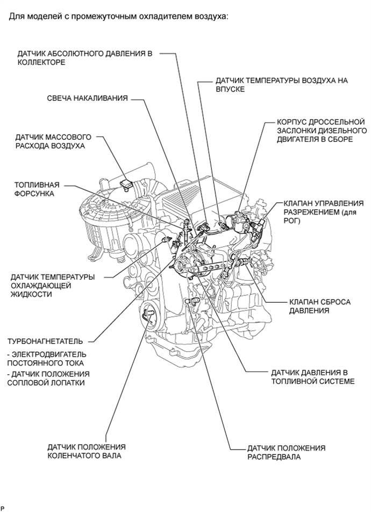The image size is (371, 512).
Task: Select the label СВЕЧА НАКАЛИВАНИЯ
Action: click(x=87, y=98)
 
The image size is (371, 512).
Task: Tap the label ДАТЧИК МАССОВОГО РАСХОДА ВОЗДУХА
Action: click(x=53, y=141)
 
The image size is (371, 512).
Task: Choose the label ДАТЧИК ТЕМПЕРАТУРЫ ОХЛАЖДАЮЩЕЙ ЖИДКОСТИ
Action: click(x=53, y=286)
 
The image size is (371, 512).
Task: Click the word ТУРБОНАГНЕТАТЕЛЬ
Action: click(x=45, y=341)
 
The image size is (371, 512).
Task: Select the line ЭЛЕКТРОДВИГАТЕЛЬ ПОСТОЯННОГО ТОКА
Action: click(x=47, y=359)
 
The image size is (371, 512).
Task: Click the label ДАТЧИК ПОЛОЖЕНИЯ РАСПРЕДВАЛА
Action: click(x=286, y=452)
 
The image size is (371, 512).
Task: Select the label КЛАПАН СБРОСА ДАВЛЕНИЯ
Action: click(x=319, y=306)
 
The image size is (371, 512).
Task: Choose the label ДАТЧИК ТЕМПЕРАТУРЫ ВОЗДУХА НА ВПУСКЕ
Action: click(x=281, y=85)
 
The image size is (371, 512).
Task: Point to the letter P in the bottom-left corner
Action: click(x=3, y=508)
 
